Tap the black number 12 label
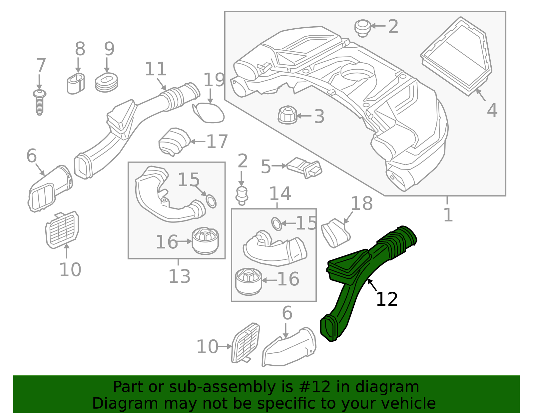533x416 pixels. coord(386,299)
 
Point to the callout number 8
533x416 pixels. coord(80,49)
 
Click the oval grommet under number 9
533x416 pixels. coord(106,83)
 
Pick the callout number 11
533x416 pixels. coord(156,70)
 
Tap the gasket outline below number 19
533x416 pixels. coord(209,113)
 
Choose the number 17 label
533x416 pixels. coord(217,142)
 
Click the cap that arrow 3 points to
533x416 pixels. coord(287,115)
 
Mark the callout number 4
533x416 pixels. coord(492,111)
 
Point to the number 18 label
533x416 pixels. coord(362,204)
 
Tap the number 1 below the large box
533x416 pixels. coord(448,215)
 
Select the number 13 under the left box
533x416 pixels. coord(179,276)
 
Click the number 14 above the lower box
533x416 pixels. coord(280,194)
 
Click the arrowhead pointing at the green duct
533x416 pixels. coord(369,281)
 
